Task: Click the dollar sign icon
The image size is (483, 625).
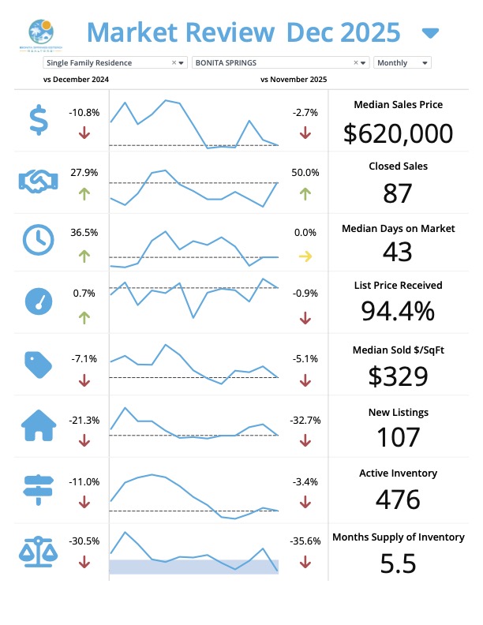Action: pyautogui.click(x=38, y=121)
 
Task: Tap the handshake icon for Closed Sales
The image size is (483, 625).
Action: pyautogui.click(x=38, y=182)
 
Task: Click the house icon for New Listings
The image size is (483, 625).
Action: pyautogui.click(x=38, y=427)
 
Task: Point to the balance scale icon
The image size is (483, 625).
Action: pyautogui.click(x=38, y=549)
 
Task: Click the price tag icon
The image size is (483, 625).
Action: pyautogui.click(x=38, y=364)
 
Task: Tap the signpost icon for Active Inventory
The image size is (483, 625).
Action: pyautogui.click(x=38, y=488)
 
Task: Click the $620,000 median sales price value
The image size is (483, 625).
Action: pyautogui.click(x=399, y=133)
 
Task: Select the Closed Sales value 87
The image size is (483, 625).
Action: pyautogui.click(x=399, y=193)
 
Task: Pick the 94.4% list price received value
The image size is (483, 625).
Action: pyautogui.click(x=398, y=312)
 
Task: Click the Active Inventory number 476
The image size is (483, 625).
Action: pyautogui.click(x=399, y=500)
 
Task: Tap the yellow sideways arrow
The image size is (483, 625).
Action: pyautogui.click(x=305, y=256)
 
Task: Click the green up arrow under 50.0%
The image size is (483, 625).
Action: pyautogui.click(x=305, y=193)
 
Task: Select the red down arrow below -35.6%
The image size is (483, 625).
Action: pyautogui.click(x=305, y=563)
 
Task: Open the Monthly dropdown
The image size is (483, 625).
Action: pyautogui.click(x=402, y=62)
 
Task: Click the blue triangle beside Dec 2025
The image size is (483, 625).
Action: pyautogui.click(x=430, y=33)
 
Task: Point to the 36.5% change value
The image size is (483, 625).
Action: pyautogui.click(x=84, y=233)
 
